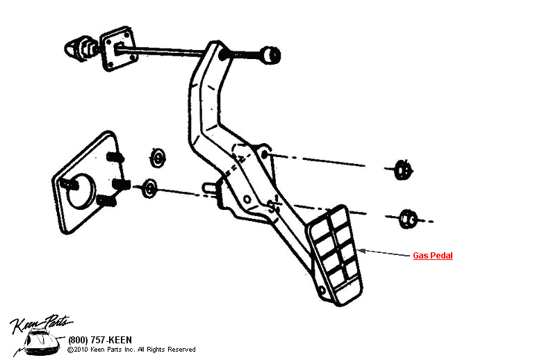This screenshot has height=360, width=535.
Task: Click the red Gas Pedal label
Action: [x=433, y=256]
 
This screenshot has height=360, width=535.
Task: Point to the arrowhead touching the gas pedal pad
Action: [x=361, y=250]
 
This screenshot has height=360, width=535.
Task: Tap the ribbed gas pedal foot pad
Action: [x=334, y=254]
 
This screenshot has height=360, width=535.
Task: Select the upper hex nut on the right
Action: [x=402, y=169]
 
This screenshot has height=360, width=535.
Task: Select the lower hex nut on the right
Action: [x=409, y=219]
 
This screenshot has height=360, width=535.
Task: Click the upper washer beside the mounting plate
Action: [x=159, y=157]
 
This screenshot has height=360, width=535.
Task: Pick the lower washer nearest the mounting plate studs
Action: [x=149, y=187]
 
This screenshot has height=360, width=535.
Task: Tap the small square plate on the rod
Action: [x=114, y=49]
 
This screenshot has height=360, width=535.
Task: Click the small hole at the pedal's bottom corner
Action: [x=320, y=290]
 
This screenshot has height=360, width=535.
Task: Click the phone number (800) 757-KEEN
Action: [x=99, y=340]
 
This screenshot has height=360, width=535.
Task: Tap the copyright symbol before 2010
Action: [x=70, y=350]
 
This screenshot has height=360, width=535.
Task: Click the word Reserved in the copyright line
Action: [x=181, y=350]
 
